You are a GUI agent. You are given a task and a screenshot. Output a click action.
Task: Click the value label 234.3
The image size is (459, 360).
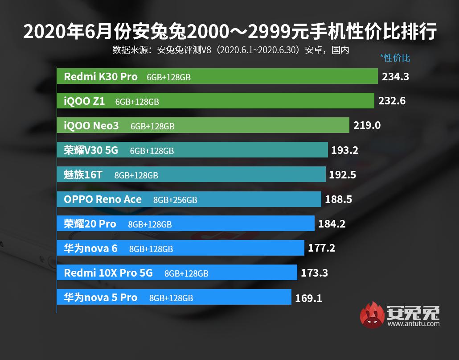[395, 77]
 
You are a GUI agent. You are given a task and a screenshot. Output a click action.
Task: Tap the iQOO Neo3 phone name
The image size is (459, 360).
[91, 126]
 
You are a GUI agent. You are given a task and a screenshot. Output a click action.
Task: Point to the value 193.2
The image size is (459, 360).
[344, 150]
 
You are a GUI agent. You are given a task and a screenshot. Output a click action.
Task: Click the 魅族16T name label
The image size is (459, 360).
[83, 175]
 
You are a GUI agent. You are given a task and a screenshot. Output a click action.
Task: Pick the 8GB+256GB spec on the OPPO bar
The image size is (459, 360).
[175, 200]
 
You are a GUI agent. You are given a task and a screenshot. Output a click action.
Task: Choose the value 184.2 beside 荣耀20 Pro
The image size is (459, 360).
[332, 224]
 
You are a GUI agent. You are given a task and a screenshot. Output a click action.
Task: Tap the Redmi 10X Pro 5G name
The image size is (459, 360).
[108, 273]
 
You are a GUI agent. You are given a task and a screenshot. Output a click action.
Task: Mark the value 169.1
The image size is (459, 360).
[308, 298]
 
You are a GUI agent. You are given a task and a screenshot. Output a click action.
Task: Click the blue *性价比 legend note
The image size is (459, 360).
[395, 58]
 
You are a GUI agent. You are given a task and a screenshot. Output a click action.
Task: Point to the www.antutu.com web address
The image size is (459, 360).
[414, 323]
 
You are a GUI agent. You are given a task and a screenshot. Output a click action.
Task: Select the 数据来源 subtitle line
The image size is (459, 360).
[230, 50]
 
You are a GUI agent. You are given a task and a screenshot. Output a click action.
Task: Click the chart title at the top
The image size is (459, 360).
[229, 32]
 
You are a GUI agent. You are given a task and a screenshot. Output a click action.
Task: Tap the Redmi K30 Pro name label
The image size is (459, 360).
[101, 77]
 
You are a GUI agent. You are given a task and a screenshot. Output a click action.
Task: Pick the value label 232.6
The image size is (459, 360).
[392, 101]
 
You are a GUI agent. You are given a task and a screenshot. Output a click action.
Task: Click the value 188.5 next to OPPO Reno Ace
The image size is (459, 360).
[338, 199]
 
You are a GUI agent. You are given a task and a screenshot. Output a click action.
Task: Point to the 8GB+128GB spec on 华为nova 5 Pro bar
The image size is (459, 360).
[171, 298]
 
